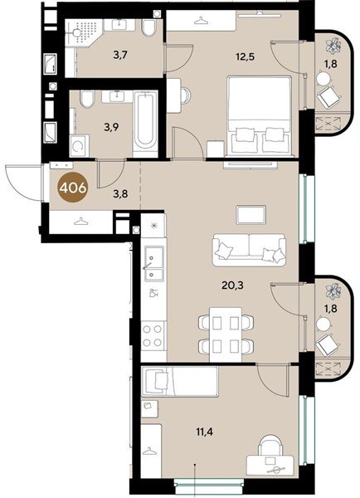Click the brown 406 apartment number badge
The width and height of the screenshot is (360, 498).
click(x=72, y=188)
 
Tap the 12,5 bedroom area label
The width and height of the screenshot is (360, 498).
click(x=246, y=56)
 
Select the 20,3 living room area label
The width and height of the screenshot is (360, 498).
click(x=232, y=286)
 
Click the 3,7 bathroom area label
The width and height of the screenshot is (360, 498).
click(x=120, y=56)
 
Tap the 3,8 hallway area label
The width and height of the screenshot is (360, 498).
click(x=120, y=193)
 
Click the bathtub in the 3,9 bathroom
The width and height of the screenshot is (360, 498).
click(x=145, y=124)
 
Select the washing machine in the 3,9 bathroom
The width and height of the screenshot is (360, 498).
click(x=79, y=146)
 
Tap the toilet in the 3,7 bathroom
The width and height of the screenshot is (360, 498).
click(x=148, y=28)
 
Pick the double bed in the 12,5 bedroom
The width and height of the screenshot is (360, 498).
click(x=259, y=116)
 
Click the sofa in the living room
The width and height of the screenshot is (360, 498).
click(x=249, y=250)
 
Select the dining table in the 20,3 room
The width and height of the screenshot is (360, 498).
click(x=226, y=334)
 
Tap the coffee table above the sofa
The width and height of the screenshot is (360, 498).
click(x=251, y=215)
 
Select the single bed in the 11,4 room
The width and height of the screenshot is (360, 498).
click(x=180, y=382)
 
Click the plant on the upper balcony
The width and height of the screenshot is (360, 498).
click(x=333, y=45)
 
